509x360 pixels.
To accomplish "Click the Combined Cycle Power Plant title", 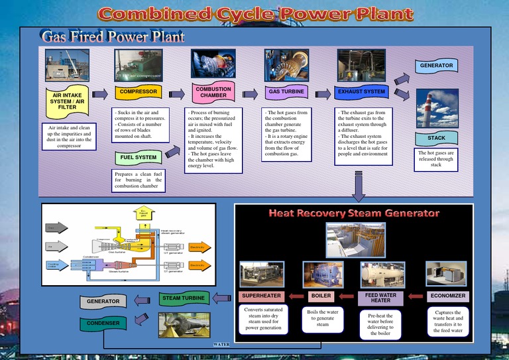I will tap(255, 14).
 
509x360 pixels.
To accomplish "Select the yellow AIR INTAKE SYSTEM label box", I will tap(67, 101).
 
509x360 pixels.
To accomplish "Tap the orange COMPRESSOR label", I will tap(138, 91).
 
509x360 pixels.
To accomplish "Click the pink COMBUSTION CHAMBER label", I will tap(213, 92).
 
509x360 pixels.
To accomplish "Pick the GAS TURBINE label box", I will tap(286, 91).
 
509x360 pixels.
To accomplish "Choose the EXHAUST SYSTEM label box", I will tap(361, 91).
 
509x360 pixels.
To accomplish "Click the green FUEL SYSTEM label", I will tap(138, 158).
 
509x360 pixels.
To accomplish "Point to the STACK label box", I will tap(436, 139).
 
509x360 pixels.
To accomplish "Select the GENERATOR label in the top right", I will tap(436, 66).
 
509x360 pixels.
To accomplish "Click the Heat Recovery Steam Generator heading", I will tap(354, 213).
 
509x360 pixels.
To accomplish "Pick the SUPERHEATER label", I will tap(261, 296).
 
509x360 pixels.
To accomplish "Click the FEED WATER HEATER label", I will tap(380, 298).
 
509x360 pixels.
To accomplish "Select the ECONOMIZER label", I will tap(448, 296).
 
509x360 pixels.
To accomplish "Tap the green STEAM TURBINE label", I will tap(184, 298).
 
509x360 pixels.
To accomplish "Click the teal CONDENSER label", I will tap(102, 324).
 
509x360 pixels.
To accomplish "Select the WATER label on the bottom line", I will tap(221, 345).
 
